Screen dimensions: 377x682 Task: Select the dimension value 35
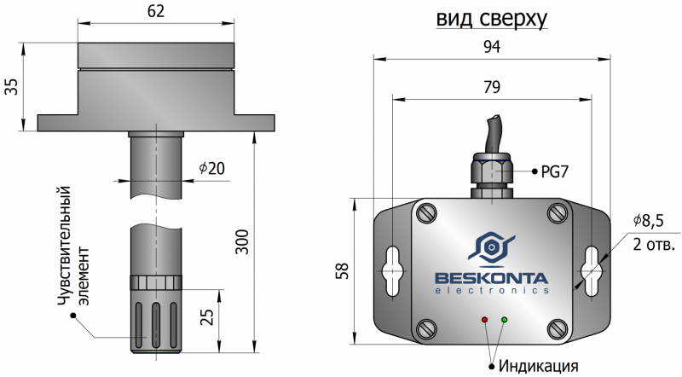pyautogui.click(x=11, y=87)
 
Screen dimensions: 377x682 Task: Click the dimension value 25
pyautogui.click(x=207, y=318)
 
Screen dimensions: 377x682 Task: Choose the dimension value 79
pyautogui.click(x=491, y=87)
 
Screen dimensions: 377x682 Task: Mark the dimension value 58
pyautogui.click(x=342, y=271)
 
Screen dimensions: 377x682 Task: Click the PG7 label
pyautogui.click(x=554, y=171)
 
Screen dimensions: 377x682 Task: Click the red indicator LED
pyautogui.click(x=485, y=320)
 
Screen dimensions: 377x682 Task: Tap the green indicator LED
pyautogui.click(x=505, y=320)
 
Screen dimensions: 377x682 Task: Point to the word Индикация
pyautogui.click(x=539, y=366)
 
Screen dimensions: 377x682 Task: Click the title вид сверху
pyautogui.click(x=491, y=19)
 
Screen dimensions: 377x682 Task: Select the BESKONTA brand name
pyautogui.click(x=492, y=277)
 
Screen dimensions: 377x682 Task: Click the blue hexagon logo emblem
pyautogui.click(x=492, y=246)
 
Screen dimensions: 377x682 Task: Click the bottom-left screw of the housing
pyautogui.click(x=425, y=328)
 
